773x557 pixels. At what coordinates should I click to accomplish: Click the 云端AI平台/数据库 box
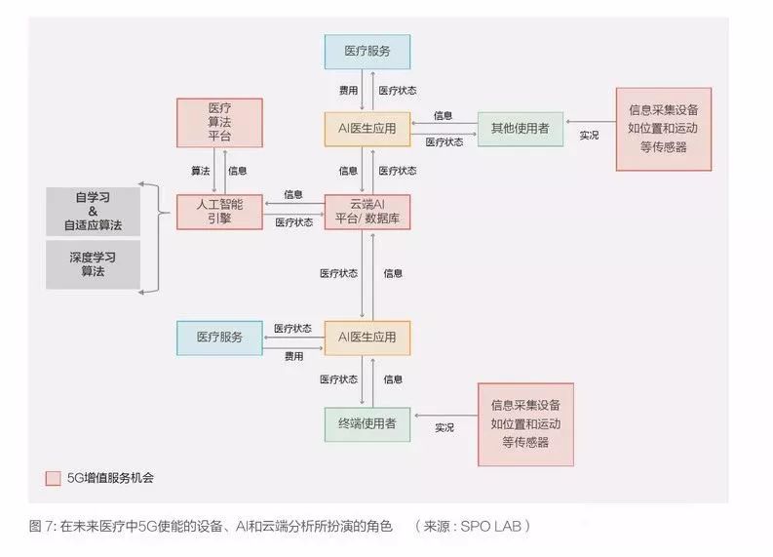(x=367, y=211)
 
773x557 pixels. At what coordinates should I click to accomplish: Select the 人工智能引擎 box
(x=219, y=211)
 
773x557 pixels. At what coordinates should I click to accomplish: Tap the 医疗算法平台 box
(x=219, y=122)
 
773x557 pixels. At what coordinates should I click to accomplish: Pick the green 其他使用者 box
(x=520, y=128)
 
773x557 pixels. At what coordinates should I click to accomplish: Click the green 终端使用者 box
(x=367, y=423)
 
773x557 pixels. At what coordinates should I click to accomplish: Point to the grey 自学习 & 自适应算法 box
(x=93, y=211)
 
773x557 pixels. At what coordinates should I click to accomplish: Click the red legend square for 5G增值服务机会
(x=54, y=478)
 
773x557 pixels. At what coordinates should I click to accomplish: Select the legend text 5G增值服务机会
(x=110, y=478)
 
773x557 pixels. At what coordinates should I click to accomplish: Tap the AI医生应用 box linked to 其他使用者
(x=367, y=128)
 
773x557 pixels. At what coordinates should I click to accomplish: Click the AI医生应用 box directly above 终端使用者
(x=367, y=338)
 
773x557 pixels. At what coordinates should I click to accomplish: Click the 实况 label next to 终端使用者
(x=444, y=427)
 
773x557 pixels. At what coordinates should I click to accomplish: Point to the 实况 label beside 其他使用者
(x=589, y=136)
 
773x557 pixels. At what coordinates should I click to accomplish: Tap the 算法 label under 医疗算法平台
(x=200, y=171)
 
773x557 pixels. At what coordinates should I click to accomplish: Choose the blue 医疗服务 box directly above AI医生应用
(x=367, y=52)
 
